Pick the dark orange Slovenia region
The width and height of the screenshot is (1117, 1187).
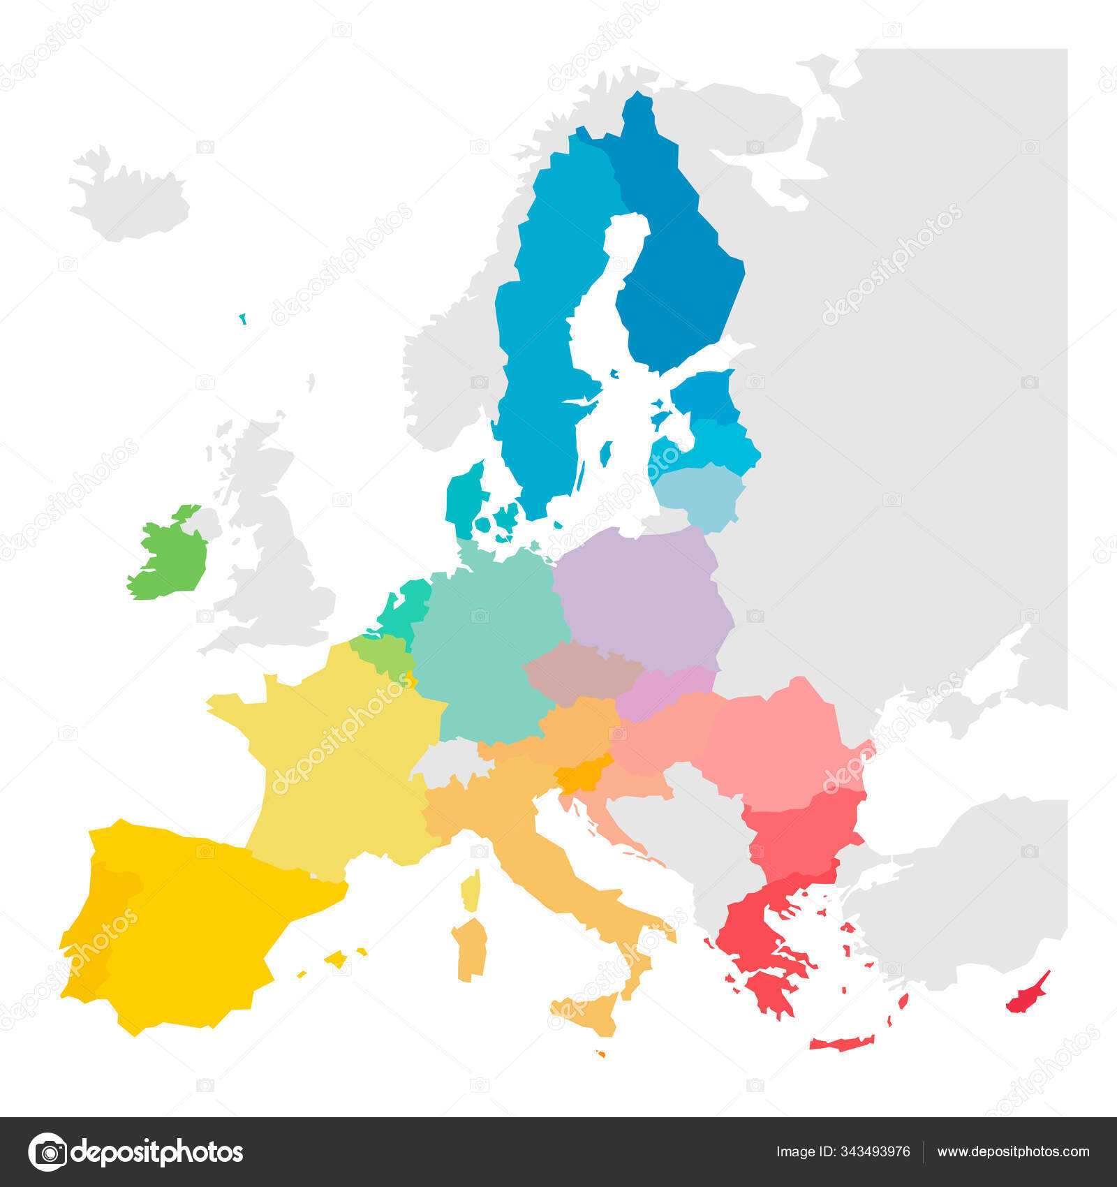[x=582, y=774]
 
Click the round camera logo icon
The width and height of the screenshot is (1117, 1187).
[x=47, y=1151]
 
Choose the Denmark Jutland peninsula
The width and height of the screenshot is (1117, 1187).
[x=464, y=499]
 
